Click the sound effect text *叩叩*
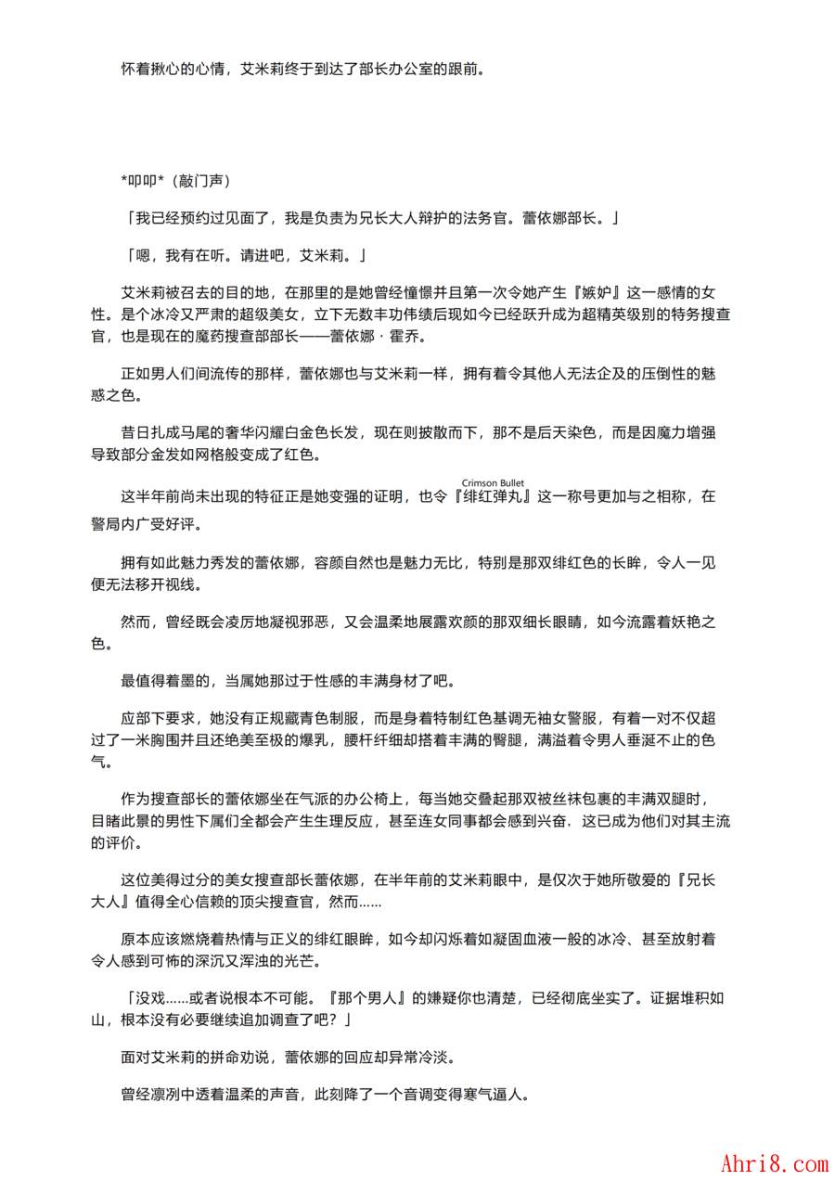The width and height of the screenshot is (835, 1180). (142, 179)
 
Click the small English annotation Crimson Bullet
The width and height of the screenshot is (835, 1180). (493, 482)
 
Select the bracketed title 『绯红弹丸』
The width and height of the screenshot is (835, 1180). (492, 496)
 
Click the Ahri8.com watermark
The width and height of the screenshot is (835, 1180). (774, 1161)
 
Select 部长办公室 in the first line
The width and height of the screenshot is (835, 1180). (397, 69)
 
